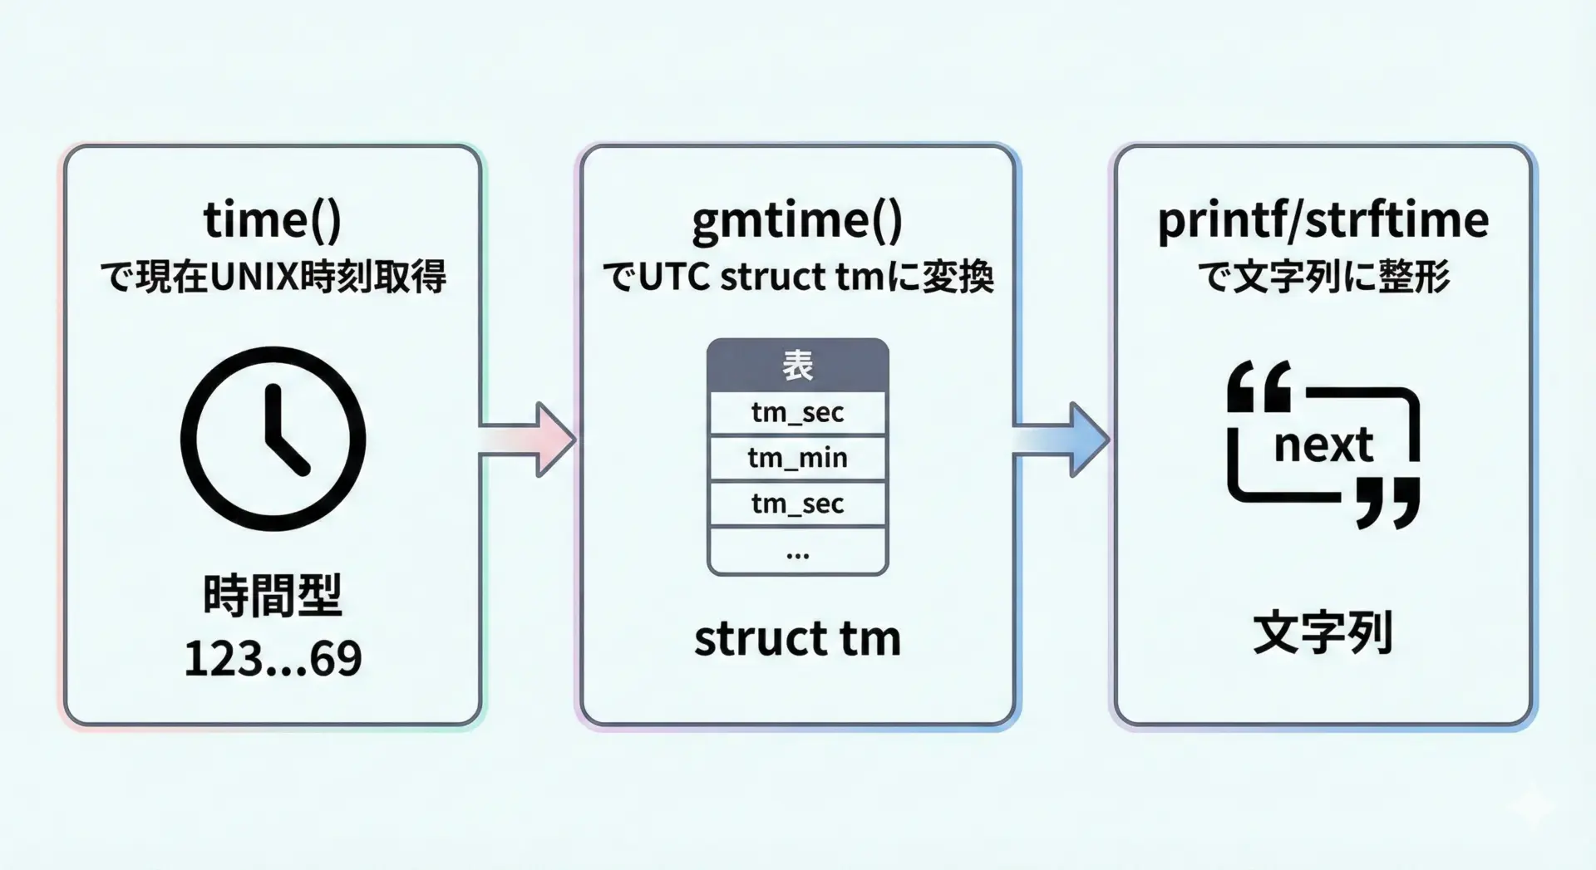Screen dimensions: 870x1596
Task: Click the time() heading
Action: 273,219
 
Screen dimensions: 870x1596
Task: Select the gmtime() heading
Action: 796,221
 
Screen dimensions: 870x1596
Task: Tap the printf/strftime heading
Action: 1323,220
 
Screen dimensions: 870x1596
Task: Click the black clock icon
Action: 273,439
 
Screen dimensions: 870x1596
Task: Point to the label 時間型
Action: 273,595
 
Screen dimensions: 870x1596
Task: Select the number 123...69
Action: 273,659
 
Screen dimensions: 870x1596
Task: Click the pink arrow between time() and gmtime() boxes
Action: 529,439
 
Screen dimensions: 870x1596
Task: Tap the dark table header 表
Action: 797,366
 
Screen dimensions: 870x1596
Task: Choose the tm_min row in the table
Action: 797,458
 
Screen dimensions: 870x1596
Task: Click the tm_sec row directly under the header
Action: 797,413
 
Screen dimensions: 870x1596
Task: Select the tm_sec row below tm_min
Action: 797,504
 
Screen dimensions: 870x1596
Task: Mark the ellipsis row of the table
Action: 797,552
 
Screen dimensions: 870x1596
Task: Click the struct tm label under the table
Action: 797,639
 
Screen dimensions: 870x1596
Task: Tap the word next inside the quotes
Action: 1323,445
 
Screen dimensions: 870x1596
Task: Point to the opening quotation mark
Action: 1259,386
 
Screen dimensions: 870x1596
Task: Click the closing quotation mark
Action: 1387,503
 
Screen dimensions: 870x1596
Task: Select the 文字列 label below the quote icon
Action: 1323,633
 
